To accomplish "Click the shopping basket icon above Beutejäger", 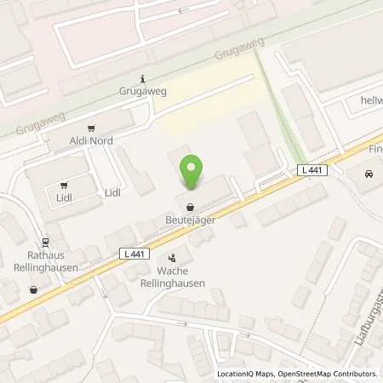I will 190,207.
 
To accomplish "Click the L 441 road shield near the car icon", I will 312,170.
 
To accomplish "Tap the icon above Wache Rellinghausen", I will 173,257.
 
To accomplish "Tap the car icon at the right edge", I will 368,174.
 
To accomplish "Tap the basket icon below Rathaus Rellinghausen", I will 33,289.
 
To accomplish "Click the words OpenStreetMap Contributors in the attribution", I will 329,374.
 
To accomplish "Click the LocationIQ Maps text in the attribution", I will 248,374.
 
